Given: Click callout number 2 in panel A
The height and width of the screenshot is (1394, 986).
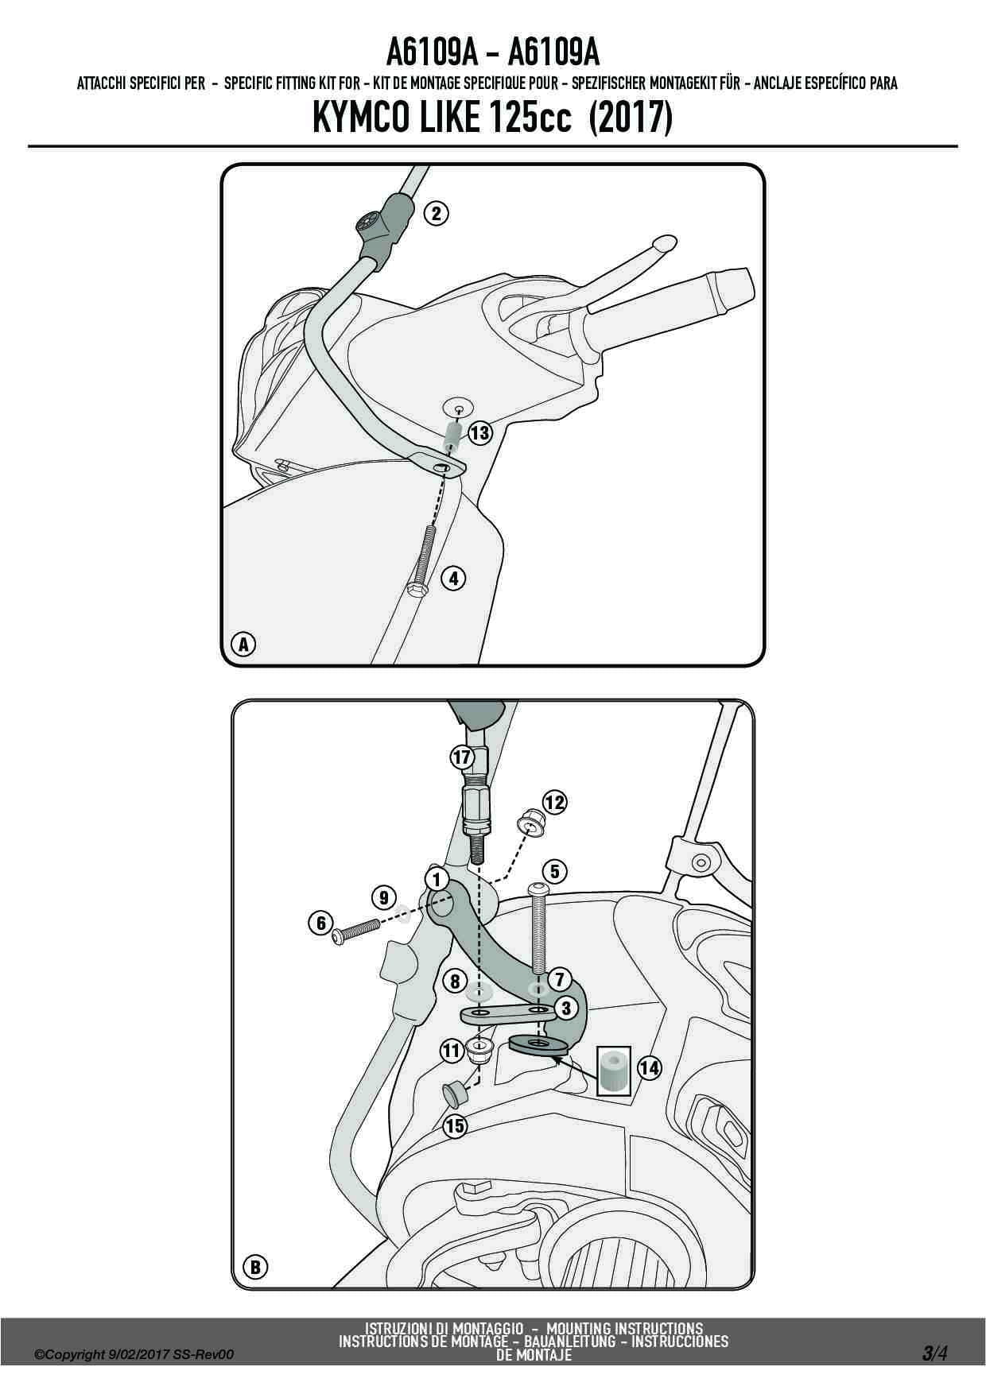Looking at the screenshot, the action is click(x=436, y=213).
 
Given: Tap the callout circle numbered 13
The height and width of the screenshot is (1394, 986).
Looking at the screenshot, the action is click(x=479, y=433).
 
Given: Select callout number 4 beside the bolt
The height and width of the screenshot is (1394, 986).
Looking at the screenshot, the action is click(x=453, y=579).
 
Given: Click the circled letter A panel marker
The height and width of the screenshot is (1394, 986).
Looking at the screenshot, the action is click(x=244, y=644).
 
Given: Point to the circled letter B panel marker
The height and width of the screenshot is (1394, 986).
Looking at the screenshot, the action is click(x=255, y=1267).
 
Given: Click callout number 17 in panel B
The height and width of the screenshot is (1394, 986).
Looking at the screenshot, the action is click(x=462, y=757).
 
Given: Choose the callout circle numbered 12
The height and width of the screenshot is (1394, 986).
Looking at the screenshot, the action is click(x=554, y=803).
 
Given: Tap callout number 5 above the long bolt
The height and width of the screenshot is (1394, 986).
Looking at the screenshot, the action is click(x=555, y=872).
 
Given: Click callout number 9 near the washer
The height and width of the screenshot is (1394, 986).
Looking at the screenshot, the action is click(x=384, y=897).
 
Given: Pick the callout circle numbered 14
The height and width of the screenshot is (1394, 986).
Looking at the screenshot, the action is click(x=650, y=1067).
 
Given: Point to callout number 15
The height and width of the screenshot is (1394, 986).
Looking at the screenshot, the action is click(x=455, y=1126).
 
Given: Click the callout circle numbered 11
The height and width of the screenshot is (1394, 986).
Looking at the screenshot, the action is click(x=452, y=1051).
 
